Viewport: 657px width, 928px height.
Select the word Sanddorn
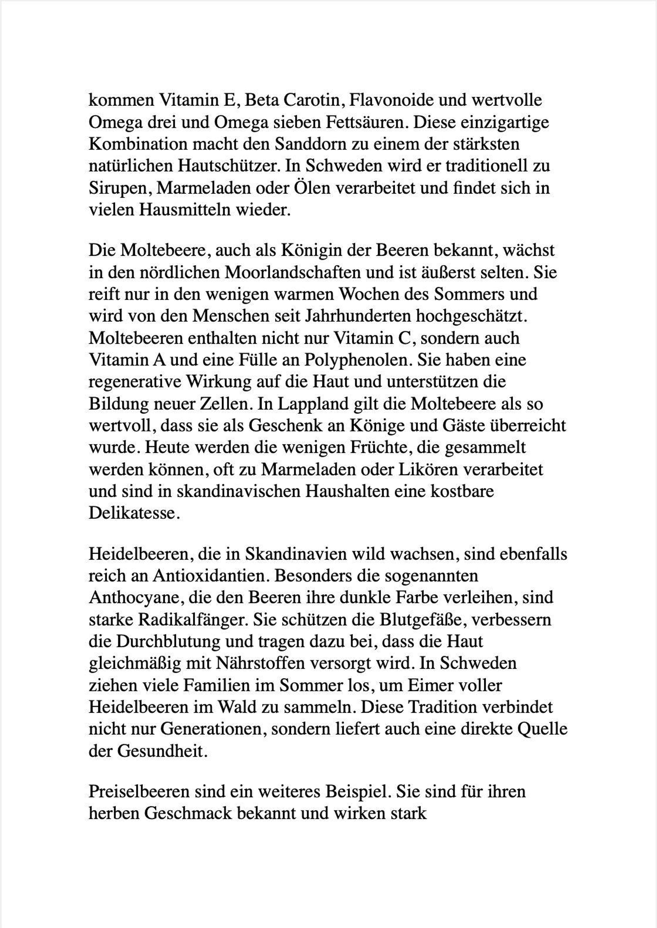tap(307, 144)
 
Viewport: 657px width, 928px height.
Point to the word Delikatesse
tap(134, 513)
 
